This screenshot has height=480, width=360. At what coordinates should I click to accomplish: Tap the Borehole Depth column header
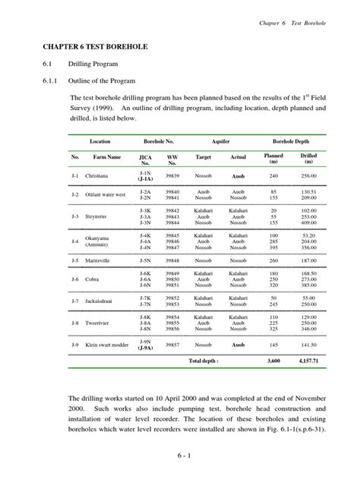pyautogui.click(x=290, y=142)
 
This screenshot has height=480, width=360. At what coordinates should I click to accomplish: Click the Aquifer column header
pyautogui.click(x=220, y=142)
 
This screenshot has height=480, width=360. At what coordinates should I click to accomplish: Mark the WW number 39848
pyautogui.click(x=172, y=260)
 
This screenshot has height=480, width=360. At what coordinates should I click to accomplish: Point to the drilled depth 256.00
pyautogui.click(x=308, y=175)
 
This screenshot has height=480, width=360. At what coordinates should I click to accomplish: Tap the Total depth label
pyautogui.click(x=204, y=361)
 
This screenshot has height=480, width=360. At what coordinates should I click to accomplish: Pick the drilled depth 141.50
pyautogui.click(x=308, y=344)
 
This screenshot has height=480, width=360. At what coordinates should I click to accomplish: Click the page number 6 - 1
pyautogui.click(x=179, y=455)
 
